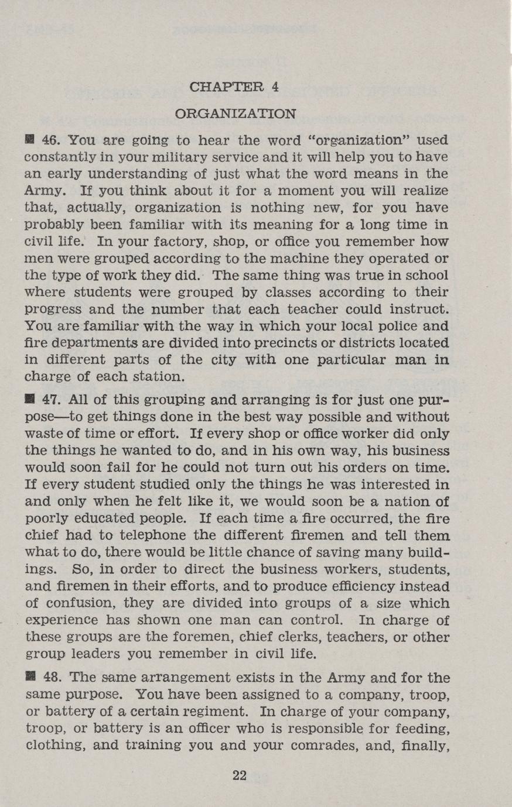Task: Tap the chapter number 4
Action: click(275, 87)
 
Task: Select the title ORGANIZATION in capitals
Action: click(236, 113)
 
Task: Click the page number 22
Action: click(240, 775)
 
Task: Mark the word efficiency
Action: click(371, 586)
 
